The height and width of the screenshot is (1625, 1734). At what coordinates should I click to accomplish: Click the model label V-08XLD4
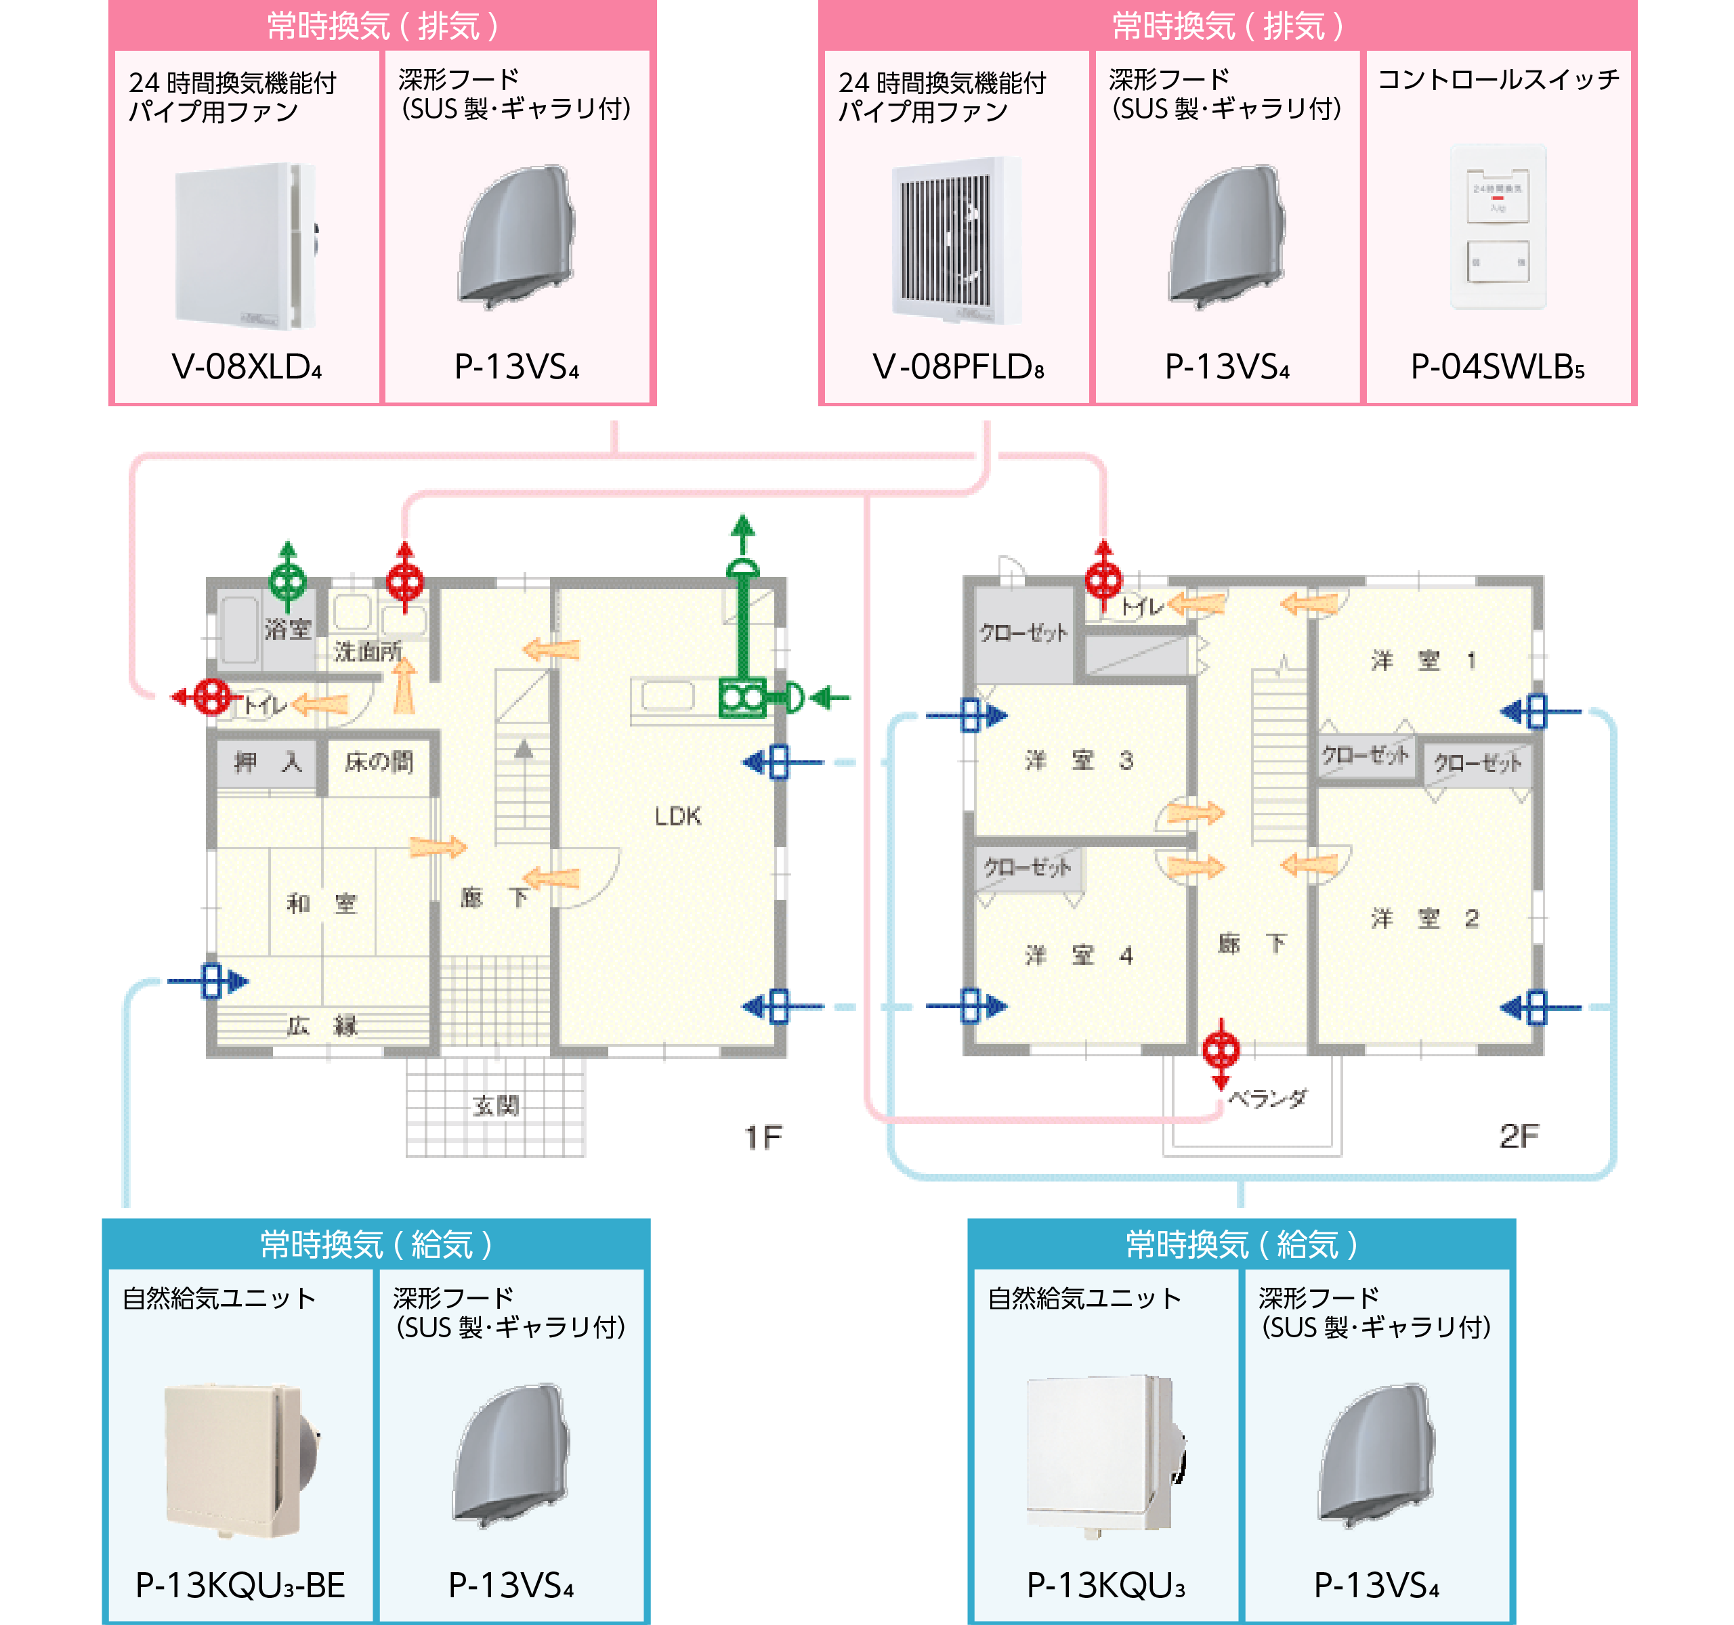247,367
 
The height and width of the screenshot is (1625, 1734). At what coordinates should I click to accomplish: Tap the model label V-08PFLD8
958,367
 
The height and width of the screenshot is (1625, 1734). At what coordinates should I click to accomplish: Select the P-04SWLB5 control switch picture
1498,227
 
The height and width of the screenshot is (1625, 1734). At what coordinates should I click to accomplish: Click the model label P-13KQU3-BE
240,1585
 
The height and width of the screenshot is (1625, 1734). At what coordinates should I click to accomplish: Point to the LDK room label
678,816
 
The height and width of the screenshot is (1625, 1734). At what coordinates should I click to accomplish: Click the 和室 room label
322,903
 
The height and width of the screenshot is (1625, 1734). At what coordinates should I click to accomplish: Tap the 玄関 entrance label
495,1106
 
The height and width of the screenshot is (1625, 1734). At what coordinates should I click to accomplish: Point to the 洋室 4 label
1078,955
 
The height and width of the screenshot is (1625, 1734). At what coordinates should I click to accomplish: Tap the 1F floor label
762,1137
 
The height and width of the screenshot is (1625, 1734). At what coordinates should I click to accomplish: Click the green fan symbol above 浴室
287,580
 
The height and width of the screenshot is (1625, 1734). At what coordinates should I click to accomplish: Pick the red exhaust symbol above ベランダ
1221,1051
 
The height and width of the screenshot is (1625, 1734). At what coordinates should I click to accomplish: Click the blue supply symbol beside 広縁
211,980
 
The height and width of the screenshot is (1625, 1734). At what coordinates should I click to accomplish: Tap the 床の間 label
379,762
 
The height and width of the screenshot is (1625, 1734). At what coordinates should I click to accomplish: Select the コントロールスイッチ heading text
1498,80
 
